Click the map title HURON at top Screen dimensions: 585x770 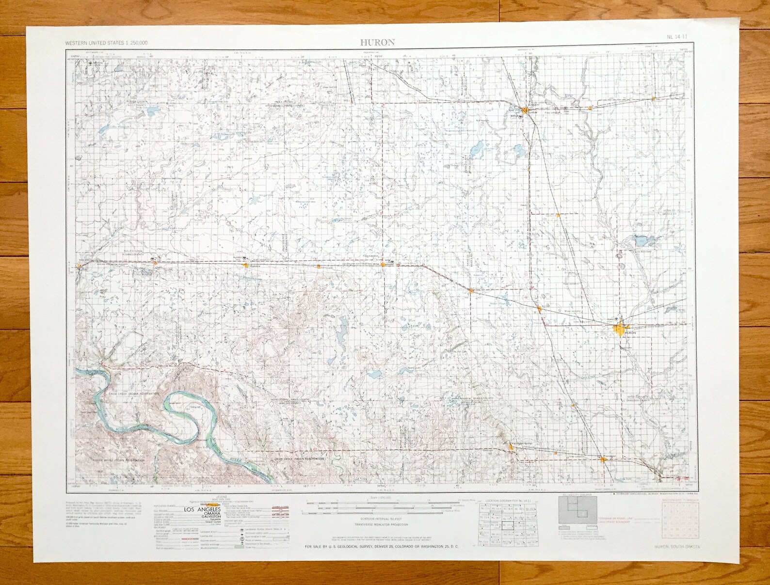(377, 42)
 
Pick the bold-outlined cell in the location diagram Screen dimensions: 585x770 (508, 525)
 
